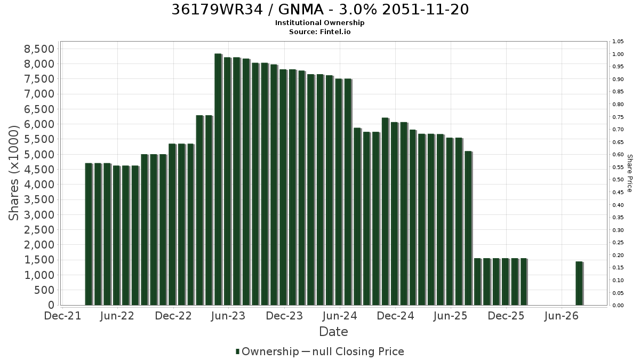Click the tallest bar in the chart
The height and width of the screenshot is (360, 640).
pos(218,179)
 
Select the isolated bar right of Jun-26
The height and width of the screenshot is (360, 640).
pos(579,283)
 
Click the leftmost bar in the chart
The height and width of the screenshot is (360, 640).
pos(89,234)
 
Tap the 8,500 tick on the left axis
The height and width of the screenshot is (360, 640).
pos(39,49)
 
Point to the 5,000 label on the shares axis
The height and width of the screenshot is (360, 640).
pos(39,155)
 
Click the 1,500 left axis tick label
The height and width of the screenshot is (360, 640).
pos(39,260)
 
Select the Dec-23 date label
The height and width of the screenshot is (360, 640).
pos(284,316)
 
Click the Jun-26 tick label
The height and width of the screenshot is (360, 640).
pos(562,316)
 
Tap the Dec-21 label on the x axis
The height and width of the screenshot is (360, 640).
pos(62,316)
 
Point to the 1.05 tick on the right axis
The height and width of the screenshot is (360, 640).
pos(618,42)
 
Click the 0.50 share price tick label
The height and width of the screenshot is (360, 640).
pos(618,180)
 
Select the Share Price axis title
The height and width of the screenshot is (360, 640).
pos(629,173)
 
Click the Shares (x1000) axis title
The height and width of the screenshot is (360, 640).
pos(13,173)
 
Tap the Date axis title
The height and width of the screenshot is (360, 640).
pos(333,332)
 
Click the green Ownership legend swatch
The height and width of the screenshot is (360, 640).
pos(237,351)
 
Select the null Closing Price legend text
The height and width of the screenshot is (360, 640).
pos(358,351)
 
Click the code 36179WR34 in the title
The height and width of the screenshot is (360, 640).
pos(217,10)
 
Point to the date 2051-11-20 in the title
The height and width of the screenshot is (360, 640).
pos(426,10)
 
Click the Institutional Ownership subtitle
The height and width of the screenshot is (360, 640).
pos(319,23)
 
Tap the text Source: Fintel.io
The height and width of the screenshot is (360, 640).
pos(319,31)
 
